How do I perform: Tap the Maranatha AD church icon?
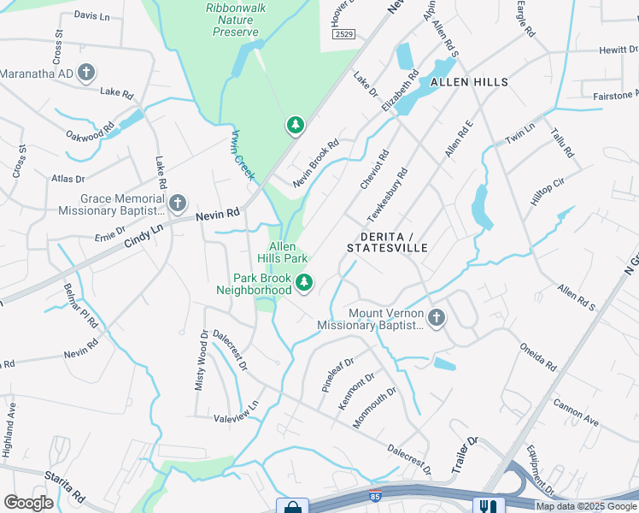86,74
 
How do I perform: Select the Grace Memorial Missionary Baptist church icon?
178,203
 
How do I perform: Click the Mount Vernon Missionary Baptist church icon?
437,318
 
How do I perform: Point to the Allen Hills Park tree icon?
303,282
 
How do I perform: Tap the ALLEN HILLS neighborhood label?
469,82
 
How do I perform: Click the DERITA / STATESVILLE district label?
387,241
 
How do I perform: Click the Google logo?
29,503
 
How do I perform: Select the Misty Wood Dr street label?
202,361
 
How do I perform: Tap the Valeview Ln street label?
237,411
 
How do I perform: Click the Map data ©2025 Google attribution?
586,506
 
